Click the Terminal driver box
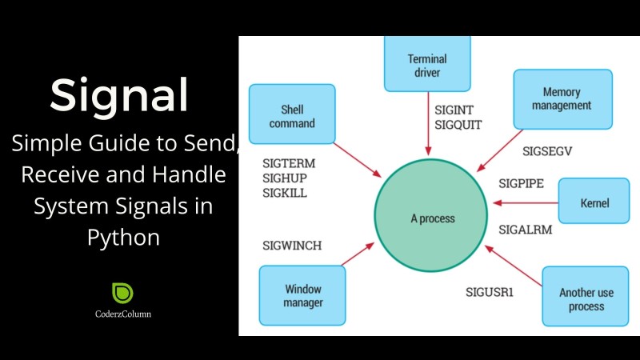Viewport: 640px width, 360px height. click(427, 64)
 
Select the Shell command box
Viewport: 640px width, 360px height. click(292, 114)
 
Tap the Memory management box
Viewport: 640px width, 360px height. click(563, 99)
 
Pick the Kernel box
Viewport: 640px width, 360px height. click(594, 201)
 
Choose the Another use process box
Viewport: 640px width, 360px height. click(586, 296)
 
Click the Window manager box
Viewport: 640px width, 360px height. click(302, 295)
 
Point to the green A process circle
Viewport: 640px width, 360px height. click(431, 215)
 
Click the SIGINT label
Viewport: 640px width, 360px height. click(454, 110)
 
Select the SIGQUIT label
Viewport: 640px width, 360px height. click(458, 125)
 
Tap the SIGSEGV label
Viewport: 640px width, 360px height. click(547, 151)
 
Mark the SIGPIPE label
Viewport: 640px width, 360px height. click(522, 184)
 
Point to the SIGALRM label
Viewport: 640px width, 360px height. click(526, 230)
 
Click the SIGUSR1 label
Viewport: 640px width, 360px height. click(490, 292)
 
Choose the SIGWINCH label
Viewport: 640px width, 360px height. click(292, 246)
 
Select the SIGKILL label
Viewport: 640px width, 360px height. click(285, 193)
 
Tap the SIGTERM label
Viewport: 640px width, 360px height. click(289, 164)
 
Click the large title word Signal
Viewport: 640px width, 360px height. click(119, 96)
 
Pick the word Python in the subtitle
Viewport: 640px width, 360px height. click(123, 238)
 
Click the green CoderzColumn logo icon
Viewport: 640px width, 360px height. click(122, 293)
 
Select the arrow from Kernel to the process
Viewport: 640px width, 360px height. click(526, 202)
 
